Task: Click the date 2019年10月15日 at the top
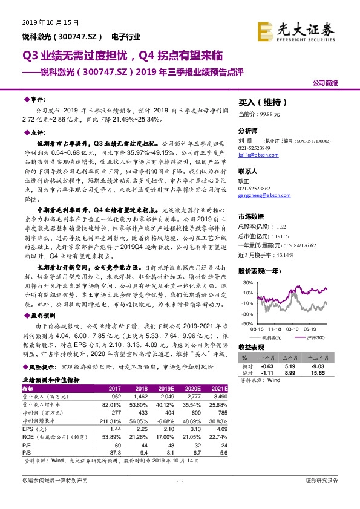(42, 22)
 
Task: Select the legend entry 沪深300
(315, 336)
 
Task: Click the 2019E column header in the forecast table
(167, 389)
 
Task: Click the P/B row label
(27, 452)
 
